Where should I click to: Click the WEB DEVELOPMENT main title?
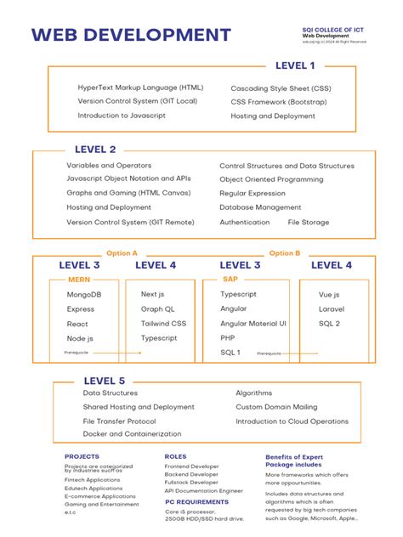(131, 35)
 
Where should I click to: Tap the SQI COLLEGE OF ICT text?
(336, 29)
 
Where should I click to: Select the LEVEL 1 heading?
(295, 65)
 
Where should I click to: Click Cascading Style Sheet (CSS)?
(281, 88)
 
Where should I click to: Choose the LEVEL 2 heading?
(95, 149)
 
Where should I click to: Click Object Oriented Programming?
(271, 179)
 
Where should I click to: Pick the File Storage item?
(308, 222)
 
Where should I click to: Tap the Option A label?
(122, 252)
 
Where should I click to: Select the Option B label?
(285, 252)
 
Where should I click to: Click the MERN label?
(79, 279)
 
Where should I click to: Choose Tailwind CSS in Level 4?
(163, 323)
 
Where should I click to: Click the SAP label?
(230, 279)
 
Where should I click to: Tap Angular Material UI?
(253, 323)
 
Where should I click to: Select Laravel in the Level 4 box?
(331, 308)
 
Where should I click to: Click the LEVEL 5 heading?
(104, 381)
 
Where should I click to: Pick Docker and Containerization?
(132, 433)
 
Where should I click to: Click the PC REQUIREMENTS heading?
(196, 501)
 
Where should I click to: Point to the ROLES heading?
(175, 456)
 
